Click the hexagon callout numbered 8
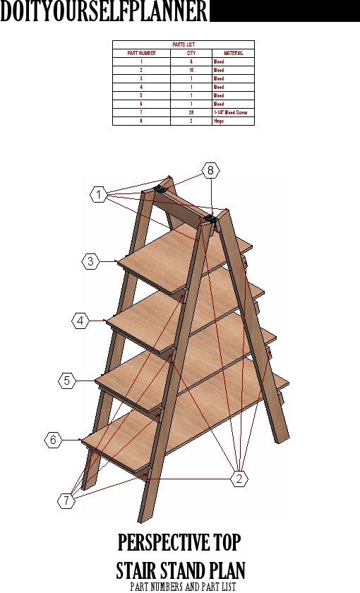pos(210,170)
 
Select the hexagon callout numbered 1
pos(100,193)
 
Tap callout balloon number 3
pos(90,261)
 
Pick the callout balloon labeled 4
pos(80,321)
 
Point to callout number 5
pos(66,381)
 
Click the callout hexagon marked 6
pos(52,440)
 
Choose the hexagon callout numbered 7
pos(66,501)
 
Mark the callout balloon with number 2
pos(239,478)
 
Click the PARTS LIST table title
pos(184,44)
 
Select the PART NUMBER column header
pos(141,53)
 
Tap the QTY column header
pos(191,53)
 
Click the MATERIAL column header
pos(233,53)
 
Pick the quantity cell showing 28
pos(191,112)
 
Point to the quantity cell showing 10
pos(191,70)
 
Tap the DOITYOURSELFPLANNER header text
pos(104,12)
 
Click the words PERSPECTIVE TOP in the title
pos(179,544)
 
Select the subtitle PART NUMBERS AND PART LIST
pos(183,586)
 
